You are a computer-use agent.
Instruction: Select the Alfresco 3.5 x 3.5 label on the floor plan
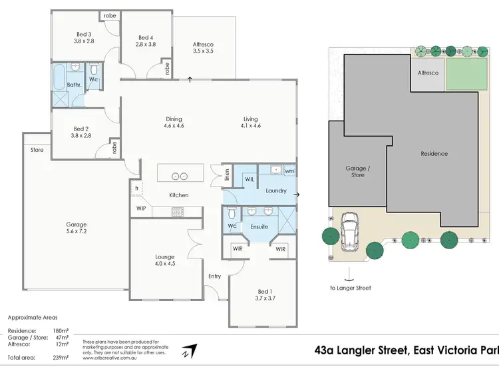coord(203,47)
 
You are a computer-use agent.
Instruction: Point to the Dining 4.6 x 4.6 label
coord(174,123)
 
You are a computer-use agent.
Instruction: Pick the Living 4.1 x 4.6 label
coord(251,123)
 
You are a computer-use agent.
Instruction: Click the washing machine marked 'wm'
coord(289,171)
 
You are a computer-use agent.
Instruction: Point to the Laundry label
coord(275,190)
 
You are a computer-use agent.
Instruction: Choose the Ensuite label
coord(259,226)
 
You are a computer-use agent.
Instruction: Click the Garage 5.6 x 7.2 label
coord(76,228)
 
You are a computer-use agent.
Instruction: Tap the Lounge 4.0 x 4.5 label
coord(165,260)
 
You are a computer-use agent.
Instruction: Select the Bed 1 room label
coord(264,295)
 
